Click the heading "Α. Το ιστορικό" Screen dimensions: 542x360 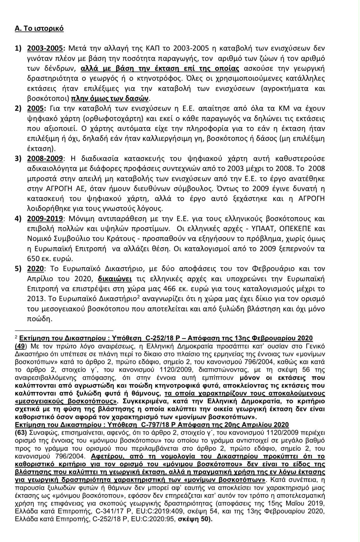39,29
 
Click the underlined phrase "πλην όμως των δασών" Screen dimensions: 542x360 110,99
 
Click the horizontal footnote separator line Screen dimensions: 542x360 64,330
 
